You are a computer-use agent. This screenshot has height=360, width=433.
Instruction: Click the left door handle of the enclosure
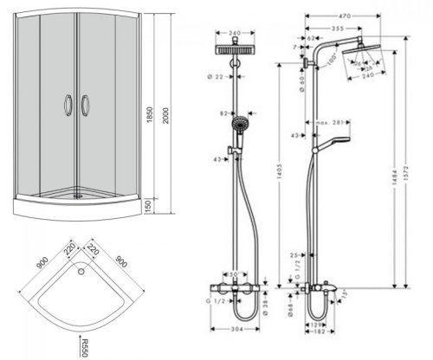click(x=68, y=105)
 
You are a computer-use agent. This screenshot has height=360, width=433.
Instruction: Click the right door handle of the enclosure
click(x=84, y=105)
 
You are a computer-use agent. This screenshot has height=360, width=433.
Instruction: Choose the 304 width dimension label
click(x=236, y=331)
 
